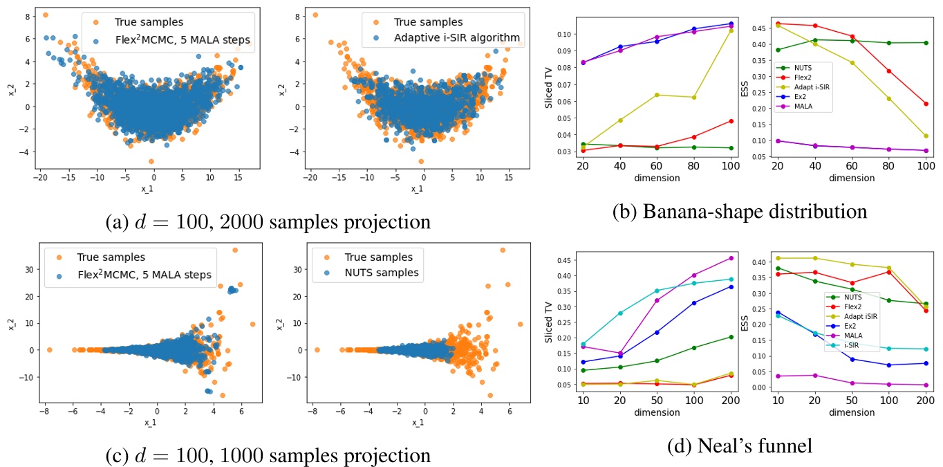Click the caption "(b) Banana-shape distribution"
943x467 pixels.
739,211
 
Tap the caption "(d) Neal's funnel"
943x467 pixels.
740,446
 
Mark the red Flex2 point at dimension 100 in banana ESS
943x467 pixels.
925,104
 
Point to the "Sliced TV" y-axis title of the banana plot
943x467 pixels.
549,90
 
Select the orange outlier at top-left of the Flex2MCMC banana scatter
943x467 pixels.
45,15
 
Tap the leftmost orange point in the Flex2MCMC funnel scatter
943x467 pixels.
49,350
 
